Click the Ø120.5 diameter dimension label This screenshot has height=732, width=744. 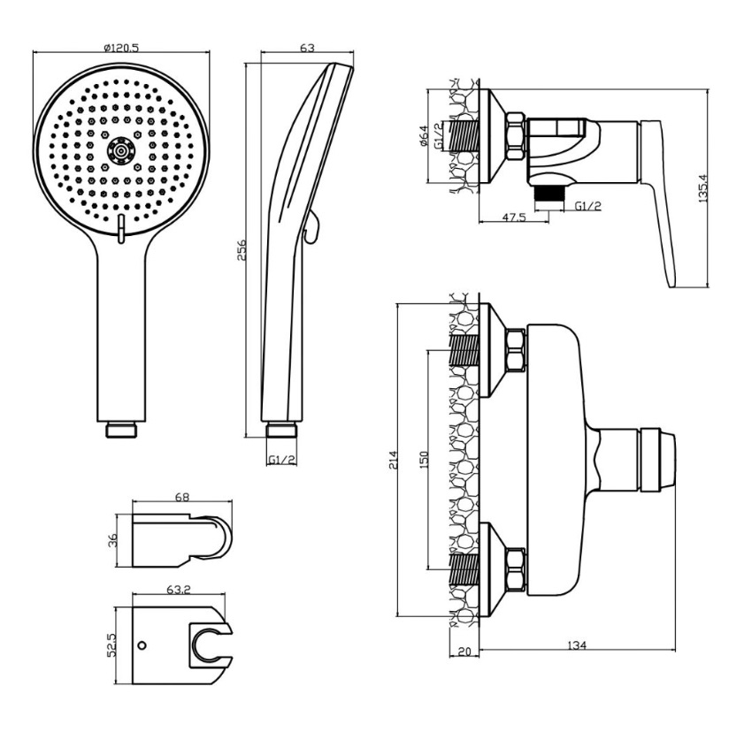[x=121, y=48]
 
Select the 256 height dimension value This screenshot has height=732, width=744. [x=241, y=249]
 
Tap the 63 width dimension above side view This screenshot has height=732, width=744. [x=308, y=48]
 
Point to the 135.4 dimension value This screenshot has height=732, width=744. [x=702, y=188]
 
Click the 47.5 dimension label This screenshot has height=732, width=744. [x=514, y=217]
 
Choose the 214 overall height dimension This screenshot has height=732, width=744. [x=394, y=461]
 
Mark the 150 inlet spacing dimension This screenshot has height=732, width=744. [x=424, y=460]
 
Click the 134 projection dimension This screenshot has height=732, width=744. [x=578, y=645]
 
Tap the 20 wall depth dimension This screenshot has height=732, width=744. [x=464, y=652]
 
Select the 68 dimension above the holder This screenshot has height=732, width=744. [x=182, y=498]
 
